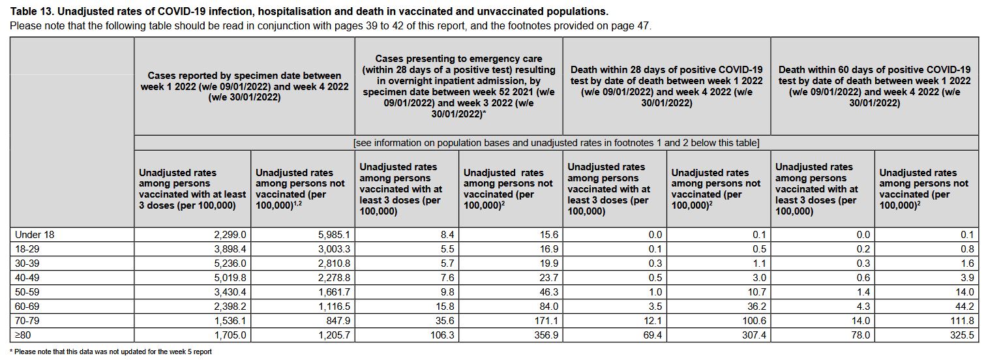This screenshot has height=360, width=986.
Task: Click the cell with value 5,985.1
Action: click(x=334, y=235)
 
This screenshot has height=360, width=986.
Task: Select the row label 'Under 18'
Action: click(x=35, y=235)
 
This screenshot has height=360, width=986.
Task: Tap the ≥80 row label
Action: click(x=23, y=335)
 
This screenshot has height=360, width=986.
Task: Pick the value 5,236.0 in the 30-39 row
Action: click(x=230, y=263)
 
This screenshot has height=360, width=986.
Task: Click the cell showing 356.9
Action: click(x=546, y=335)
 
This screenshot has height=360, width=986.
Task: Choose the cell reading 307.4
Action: click(x=754, y=335)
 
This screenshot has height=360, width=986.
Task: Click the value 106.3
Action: click(x=442, y=335)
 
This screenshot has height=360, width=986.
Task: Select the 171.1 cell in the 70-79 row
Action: click(x=546, y=321)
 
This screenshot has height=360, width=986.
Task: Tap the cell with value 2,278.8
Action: click(x=334, y=278)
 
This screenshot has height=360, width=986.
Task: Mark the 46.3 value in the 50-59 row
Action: click(x=549, y=292)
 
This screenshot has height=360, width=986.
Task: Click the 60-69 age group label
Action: click(x=27, y=307)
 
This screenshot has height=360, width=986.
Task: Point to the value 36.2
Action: click(x=756, y=307)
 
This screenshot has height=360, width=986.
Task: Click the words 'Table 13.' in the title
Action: click(x=32, y=12)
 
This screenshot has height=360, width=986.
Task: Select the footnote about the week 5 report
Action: click(x=110, y=352)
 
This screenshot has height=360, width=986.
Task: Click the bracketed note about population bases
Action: click(x=556, y=143)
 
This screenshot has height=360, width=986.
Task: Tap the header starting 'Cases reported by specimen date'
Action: click(x=245, y=86)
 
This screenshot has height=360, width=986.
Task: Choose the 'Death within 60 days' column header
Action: click(x=874, y=86)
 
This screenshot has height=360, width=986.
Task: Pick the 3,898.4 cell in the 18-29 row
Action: click(x=230, y=249)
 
